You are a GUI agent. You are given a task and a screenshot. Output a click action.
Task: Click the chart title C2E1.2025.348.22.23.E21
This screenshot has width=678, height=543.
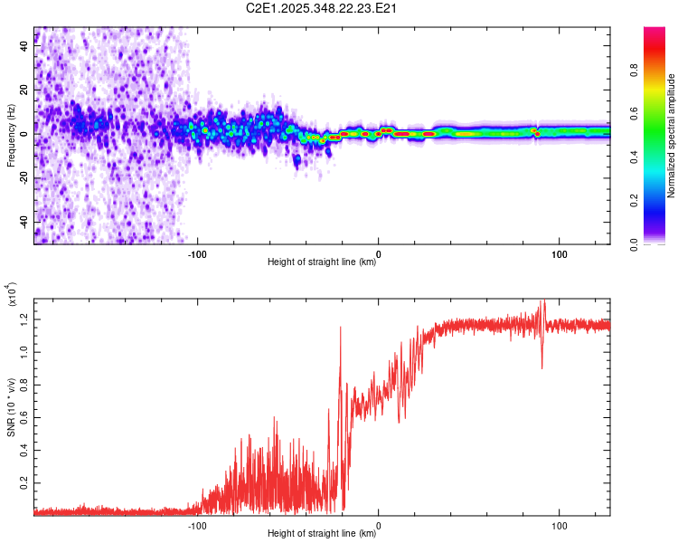(323, 8)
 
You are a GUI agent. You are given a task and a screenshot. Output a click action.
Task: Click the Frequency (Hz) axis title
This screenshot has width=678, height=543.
(11, 135)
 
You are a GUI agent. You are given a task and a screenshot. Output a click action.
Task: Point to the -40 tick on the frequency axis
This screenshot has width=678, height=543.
(23, 222)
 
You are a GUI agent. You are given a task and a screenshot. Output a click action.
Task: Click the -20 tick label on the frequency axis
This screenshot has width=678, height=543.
(23, 178)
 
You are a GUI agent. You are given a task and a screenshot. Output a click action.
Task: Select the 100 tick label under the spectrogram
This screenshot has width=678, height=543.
(559, 252)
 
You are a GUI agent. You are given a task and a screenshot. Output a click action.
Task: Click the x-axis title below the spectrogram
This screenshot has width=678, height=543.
(322, 262)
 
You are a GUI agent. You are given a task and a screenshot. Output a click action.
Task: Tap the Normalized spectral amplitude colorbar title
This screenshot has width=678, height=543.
(671, 136)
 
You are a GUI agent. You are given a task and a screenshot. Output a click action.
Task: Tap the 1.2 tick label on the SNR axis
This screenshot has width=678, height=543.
(23, 317)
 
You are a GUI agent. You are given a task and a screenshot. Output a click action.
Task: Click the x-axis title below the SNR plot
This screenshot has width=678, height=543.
(322, 534)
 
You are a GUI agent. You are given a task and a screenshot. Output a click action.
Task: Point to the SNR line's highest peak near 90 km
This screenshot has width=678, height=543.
(542, 301)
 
